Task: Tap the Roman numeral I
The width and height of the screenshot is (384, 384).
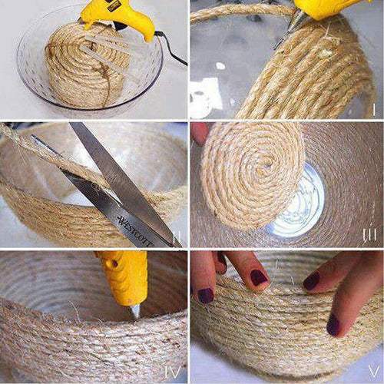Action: pyautogui.click(x=373, y=108)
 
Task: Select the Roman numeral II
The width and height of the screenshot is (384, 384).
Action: pyautogui.click(x=177, y=239)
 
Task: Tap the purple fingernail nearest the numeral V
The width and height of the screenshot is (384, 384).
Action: pyautogui.click(x=333, y=326)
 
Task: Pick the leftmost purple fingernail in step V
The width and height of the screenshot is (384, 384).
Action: pyautogui.click(x=206, y=295)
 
